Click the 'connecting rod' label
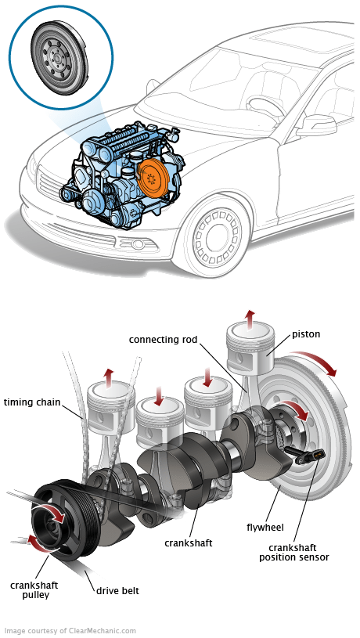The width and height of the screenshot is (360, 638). pos(163,339)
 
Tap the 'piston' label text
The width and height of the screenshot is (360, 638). pos(306,334)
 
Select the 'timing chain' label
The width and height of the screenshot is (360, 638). pos(32,402)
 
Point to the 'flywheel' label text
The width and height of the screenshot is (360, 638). pos(265,528)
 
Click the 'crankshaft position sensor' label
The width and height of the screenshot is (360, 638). pos(294,553)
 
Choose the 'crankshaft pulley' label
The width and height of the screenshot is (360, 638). pos(34,590)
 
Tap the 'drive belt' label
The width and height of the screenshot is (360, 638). pos(117,590)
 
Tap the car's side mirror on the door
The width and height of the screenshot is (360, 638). pos(317,125)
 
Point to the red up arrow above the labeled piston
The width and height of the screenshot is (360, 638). pos(250,318)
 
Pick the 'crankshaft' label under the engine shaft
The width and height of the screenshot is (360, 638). pos(189,542)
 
